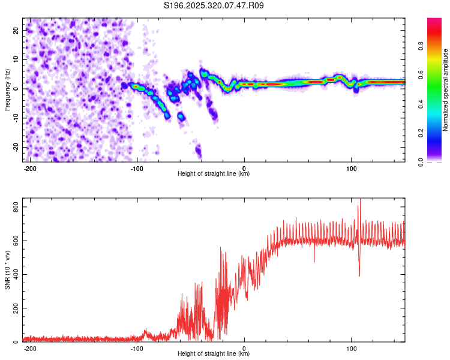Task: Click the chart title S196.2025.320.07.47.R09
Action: tap(214, 5)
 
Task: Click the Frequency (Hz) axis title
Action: tap(7, 90)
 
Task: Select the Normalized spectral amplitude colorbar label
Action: tap(445, 90)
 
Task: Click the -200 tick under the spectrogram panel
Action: tap(30, 168)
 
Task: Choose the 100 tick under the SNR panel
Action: tap(351, 348)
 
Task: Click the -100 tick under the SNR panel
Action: tap(137, 348)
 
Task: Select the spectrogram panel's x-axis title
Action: tap(214, 174)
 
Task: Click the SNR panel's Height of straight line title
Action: tap(214, 354)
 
